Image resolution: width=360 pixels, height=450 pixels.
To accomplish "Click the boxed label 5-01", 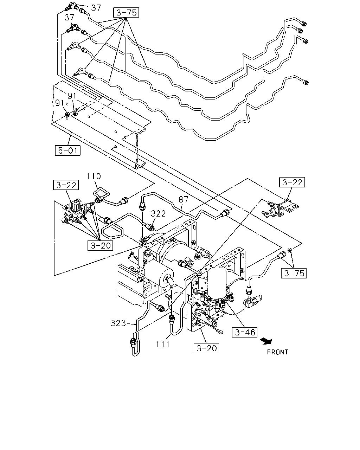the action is pos(67,150).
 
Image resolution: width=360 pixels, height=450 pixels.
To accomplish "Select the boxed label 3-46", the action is pos(245,332).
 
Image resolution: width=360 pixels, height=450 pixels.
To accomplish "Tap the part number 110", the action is pos(94,176).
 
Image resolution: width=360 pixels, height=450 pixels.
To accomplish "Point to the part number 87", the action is pos(184,199).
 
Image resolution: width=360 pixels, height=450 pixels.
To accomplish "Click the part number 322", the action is pos(158,213).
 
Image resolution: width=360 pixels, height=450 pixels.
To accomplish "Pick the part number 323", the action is pos(118,323).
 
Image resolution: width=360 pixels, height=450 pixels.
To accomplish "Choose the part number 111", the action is pos(163,344).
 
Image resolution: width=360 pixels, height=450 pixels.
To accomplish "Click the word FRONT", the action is pos(277,352).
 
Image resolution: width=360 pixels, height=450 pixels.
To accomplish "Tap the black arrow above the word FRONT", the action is pos(266,341).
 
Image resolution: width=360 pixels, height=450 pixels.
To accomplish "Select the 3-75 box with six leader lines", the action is pos(126,13).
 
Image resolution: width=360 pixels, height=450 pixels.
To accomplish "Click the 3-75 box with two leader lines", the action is pos(294,273).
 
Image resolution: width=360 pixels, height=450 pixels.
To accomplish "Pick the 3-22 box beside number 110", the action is pos(66,185).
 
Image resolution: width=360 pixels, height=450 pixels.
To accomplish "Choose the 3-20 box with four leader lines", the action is pos(101,245).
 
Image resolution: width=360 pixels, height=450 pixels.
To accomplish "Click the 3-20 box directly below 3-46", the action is pos(206,348).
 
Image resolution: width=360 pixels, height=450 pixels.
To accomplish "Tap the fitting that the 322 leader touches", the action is pos(150,227).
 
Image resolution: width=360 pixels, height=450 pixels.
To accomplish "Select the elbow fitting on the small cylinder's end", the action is pos(170,281).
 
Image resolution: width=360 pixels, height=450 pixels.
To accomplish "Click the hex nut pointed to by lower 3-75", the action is pos(290,250).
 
